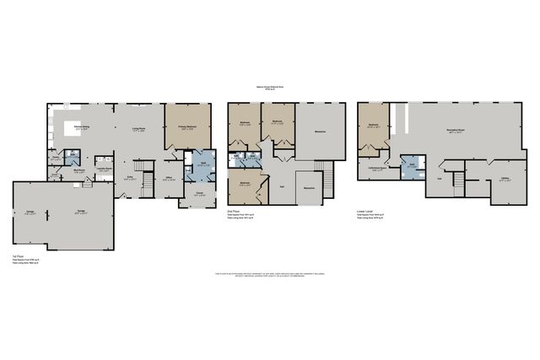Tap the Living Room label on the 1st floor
tap(138, 128)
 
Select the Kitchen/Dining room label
tap(83, 126)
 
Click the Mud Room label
tap(78, 170)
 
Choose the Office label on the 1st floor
tap(170, 178)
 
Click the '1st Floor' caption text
tap(18, 255)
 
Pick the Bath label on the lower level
tap(411, 166)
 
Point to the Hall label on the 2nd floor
tap(282, 187)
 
